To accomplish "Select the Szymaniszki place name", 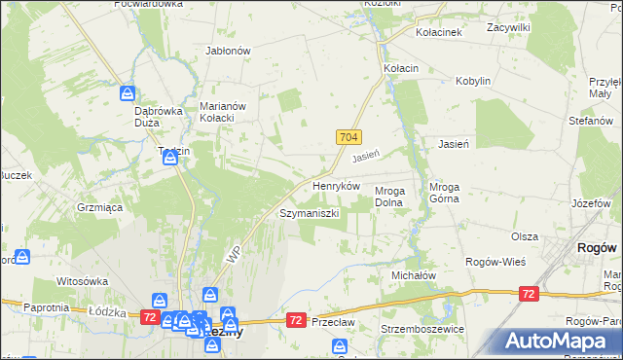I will [309, 212].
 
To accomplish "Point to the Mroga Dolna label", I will [396, 197].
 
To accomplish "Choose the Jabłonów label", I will [229, 51].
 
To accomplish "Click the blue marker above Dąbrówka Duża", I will [128, 94].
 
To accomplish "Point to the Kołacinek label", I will [439, 32].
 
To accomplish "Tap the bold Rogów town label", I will [595, 248].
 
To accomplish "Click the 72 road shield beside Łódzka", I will [150, 317].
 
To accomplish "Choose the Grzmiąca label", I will [99, 207].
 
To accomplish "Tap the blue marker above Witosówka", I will [21, 257].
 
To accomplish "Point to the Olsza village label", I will [525, 236].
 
